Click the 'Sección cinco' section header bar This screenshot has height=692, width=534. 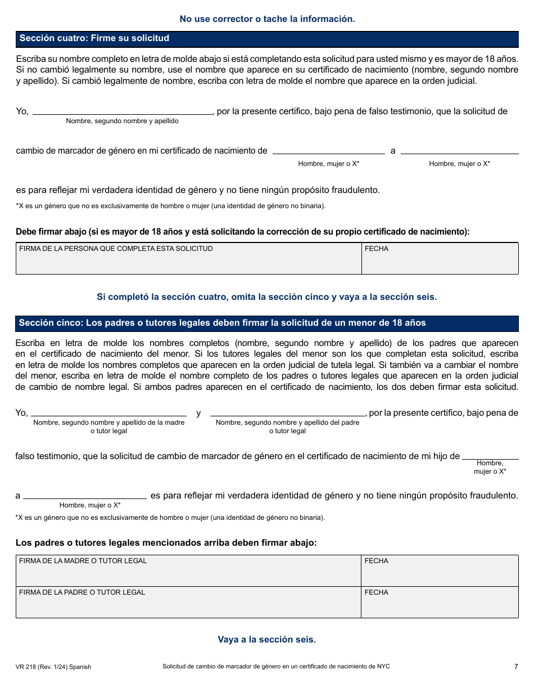pos(267,323)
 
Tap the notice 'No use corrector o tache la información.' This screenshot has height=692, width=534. pos(267,19)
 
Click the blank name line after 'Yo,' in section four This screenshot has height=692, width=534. pos(122,111)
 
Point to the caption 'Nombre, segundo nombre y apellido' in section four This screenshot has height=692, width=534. pos(122,121)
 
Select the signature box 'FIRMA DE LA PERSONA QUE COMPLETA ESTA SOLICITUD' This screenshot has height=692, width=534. pos(188,259)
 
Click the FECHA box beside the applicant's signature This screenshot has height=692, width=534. pos(440,259)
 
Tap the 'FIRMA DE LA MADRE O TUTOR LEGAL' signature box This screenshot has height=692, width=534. pos(188,571)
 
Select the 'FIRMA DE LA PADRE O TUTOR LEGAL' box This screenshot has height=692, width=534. pos(188,603)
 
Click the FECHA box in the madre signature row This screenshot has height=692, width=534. pos(440,571)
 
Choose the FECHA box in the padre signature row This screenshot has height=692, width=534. pos(440,603)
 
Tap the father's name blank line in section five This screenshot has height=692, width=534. pos(287,412)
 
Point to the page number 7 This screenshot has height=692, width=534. pos(515,667)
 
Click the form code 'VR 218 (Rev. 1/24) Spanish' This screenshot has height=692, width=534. pos(53,667)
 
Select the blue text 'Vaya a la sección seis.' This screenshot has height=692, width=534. pos(267,640)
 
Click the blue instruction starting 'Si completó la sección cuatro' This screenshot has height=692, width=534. pos(267,297)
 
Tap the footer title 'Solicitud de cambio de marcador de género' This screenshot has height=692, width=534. pos(276,667)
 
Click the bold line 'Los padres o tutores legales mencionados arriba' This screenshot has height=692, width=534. pos(166,543)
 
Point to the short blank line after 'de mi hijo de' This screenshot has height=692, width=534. pos(490,456)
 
